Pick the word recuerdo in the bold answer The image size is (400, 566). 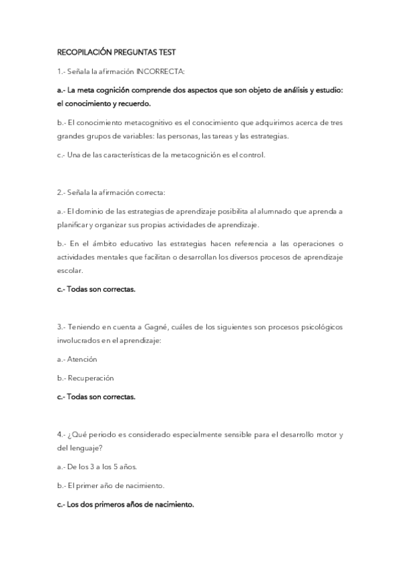click(132, 103)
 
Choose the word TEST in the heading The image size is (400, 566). click(167, 52)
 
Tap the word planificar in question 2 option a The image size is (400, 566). click(73, 225)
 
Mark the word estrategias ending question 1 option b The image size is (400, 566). click(270, 136)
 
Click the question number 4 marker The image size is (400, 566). click(60, 435)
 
